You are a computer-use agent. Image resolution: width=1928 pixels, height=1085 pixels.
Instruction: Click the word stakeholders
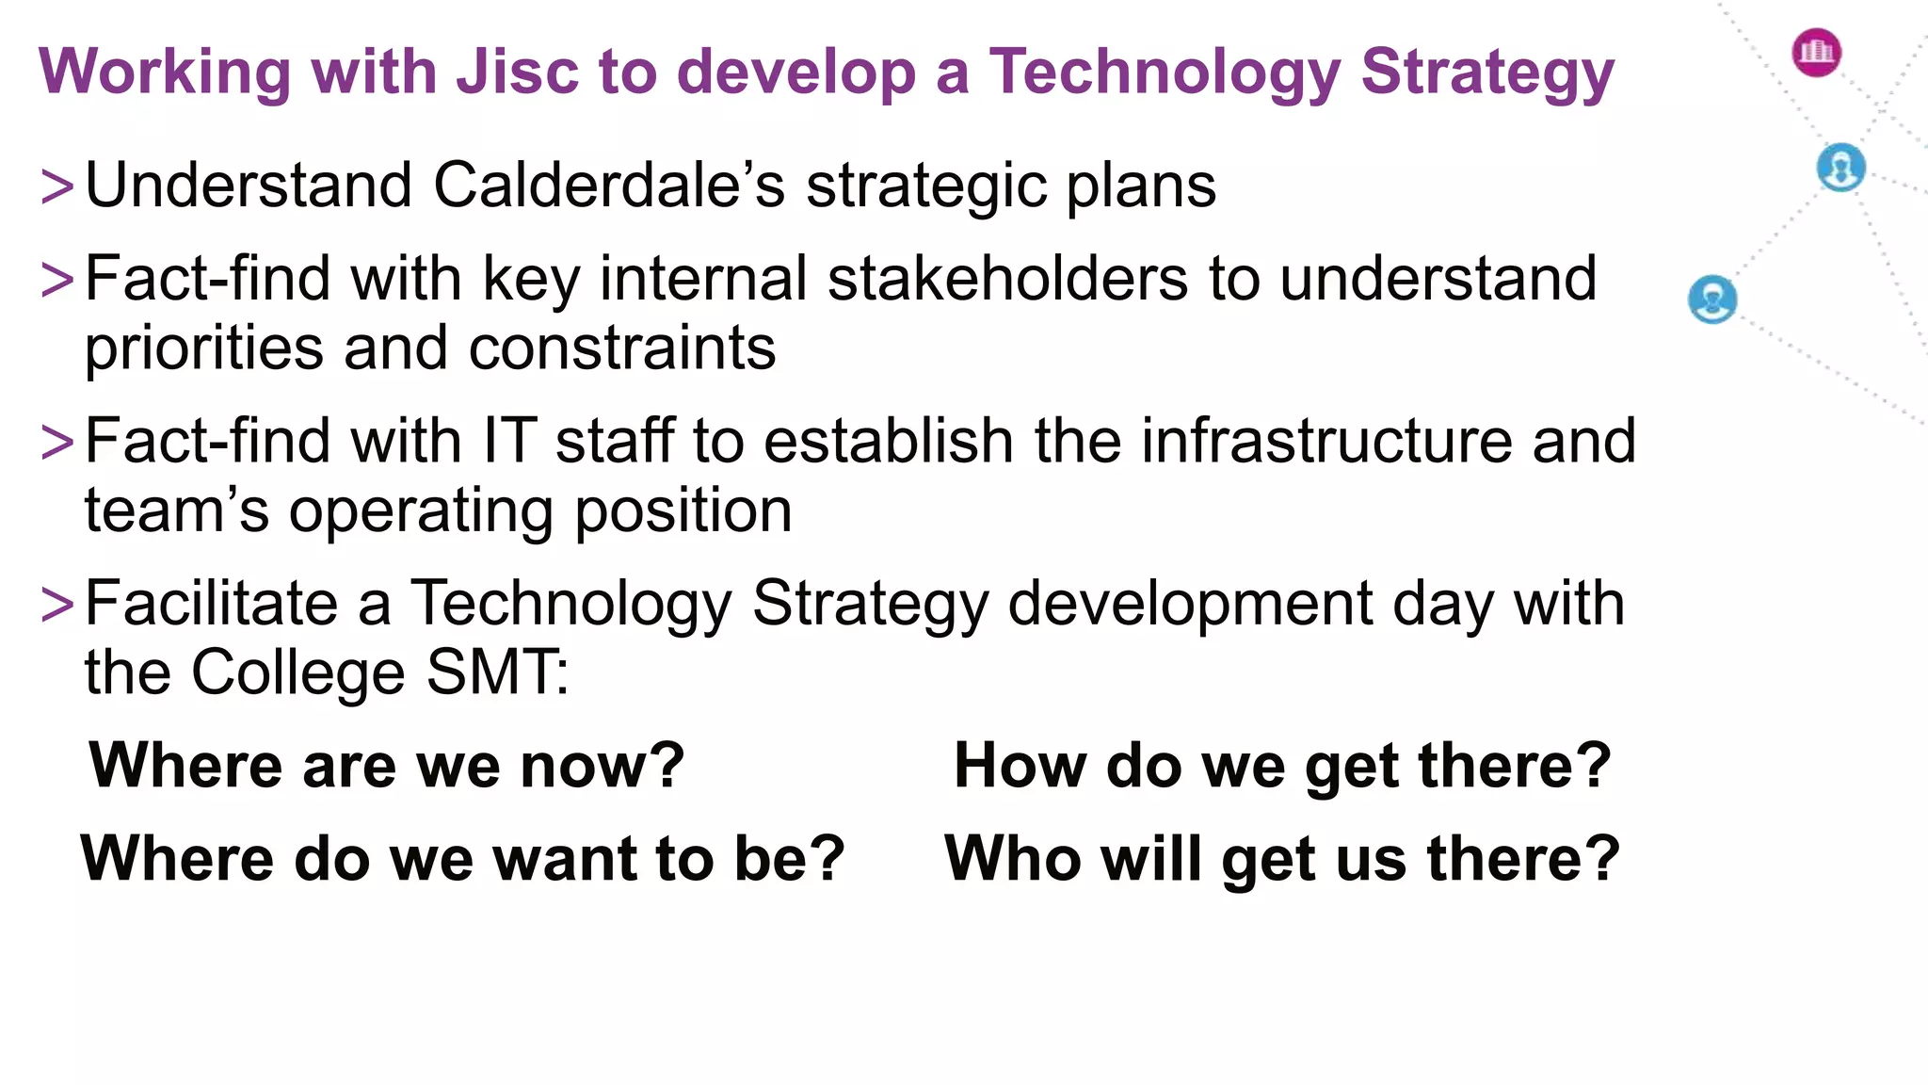tap(1007, 279)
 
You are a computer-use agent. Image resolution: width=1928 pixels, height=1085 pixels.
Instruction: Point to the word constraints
tap(622, 348)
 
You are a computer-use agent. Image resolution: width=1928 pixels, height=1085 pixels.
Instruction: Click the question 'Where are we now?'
tap(387, 765)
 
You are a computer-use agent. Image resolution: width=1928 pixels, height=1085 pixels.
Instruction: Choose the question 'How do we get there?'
tap(1282, 765)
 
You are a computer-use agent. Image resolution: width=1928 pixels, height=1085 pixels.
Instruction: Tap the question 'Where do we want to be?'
tap(462, 859)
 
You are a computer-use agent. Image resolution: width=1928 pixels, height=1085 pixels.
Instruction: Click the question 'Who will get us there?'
tap(1282, 859)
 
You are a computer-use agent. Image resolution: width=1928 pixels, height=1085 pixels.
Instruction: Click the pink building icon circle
tap(1816, 52)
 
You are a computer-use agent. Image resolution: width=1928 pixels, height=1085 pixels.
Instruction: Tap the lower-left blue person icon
tap(1712, 300)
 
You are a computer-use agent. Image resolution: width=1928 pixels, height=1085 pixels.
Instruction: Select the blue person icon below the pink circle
tap(1840, 168)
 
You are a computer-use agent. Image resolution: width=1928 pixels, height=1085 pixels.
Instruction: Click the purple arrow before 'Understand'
tap(57, 186)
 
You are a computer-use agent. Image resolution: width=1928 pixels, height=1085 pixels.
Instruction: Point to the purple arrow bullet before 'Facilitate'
tap(57, 605)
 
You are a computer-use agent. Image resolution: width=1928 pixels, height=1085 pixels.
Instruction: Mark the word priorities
tap(204, 348)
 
